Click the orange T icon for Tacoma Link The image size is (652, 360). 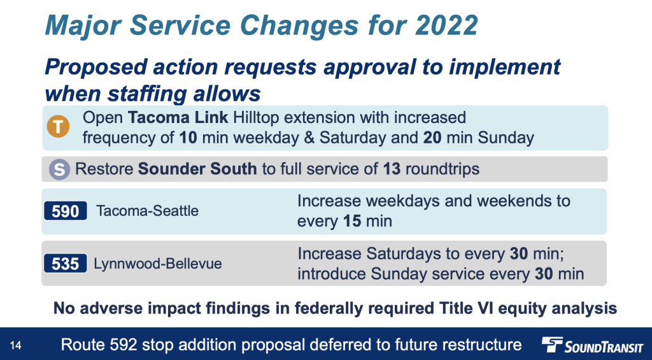[x=58, y=127]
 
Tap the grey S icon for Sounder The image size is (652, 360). [x=59, y=169]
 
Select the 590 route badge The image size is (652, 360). [x=66, y=211]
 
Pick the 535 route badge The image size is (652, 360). [x=66, y=263]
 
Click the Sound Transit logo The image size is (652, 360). [x=592, y=345]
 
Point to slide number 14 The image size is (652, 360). [x=15, y=345]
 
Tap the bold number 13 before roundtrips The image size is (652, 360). [x=392, y=169]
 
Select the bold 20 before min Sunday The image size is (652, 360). [x=432, y=138]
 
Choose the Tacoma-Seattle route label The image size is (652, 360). [x=147, y=211]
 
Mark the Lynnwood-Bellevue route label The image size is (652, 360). [x=158, y=263]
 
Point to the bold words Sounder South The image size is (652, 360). [x=197, y=169]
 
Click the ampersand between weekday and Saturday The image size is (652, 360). [x=309, y=138]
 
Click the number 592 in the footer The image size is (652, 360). [x=124, y=345]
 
